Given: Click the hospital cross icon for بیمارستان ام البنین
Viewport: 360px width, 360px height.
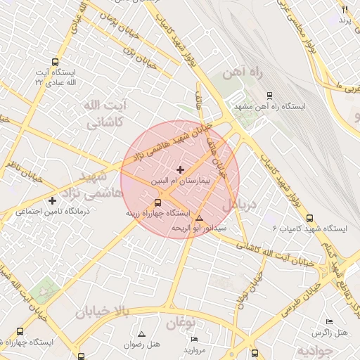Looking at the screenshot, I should click(x=181, y=169).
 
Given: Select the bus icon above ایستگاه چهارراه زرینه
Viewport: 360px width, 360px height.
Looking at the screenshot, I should click(x=157, y=202).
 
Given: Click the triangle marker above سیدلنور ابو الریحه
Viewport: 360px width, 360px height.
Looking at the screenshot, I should click(x=199, y=218).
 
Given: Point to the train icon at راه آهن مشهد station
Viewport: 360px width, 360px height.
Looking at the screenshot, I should click(x=269, y=96).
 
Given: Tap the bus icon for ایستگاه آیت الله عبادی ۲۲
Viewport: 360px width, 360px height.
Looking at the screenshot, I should click(x=56, y=61).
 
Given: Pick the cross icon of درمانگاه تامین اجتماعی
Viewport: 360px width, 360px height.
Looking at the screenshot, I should click(x=52, y=201).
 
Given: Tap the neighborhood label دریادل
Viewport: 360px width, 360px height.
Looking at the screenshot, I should click(x=241, y=204).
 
